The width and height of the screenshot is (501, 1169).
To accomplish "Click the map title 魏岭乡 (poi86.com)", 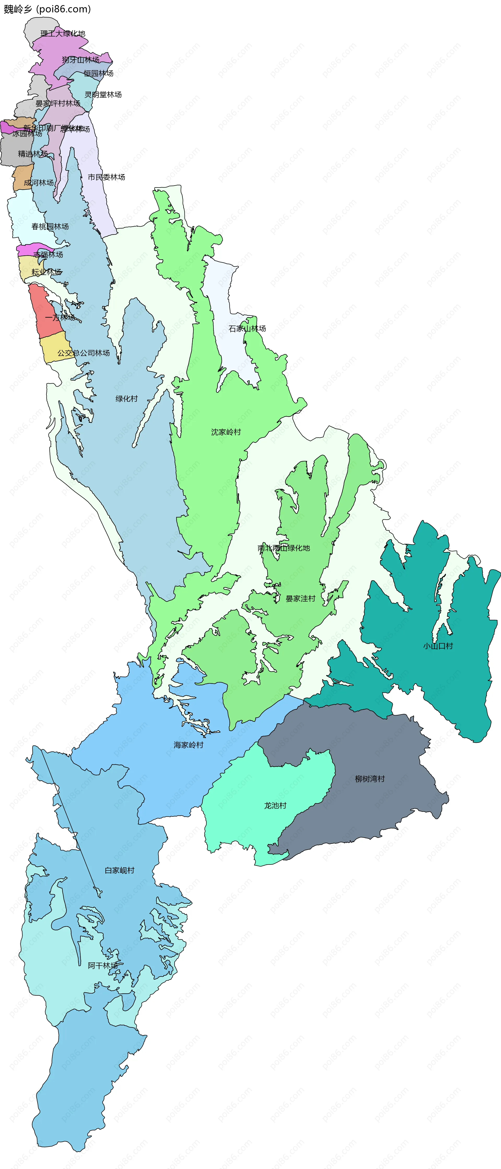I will [47, 9].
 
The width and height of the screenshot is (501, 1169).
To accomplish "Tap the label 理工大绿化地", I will [63, 34].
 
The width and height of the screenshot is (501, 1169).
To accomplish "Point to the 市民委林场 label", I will [106, 177].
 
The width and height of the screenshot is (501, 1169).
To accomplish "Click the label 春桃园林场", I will [50, 226].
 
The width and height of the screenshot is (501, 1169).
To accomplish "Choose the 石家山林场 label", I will [247, 328].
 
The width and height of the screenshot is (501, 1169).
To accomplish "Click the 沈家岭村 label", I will [226, 432].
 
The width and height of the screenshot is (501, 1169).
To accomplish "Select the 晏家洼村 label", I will [300, 598].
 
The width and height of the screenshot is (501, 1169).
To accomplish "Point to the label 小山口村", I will [438, 646].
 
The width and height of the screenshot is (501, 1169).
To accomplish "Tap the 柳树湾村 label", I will [369, 779].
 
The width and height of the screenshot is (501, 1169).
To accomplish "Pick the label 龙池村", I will [275, 806].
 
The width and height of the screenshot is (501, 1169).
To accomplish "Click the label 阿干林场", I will [103, 965].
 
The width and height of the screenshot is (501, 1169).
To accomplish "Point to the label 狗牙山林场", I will [81, 60].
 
